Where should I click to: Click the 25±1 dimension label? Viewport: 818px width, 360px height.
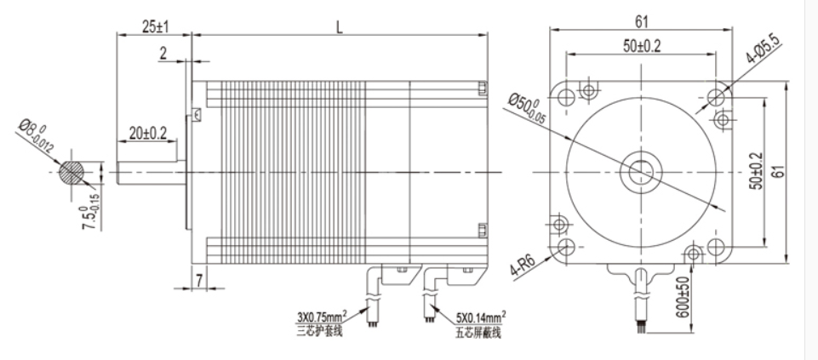(155, 26)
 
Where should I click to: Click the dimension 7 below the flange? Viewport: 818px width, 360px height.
(197, 278)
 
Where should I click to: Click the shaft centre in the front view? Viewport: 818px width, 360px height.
(640, 171)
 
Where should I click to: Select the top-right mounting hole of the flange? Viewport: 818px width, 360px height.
(717, 91)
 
